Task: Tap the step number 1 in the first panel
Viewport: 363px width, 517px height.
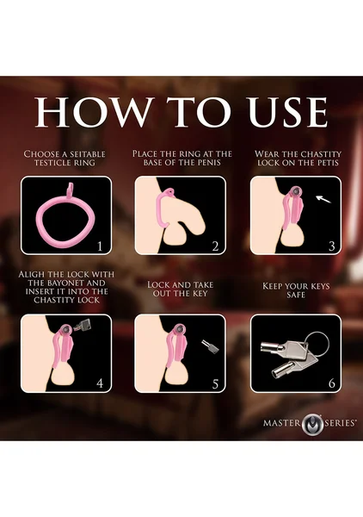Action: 100,246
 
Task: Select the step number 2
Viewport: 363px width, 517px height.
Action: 215,246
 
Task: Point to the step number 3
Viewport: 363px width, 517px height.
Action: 332,246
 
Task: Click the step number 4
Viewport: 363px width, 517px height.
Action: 100,383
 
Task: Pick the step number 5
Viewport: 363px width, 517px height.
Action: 215,384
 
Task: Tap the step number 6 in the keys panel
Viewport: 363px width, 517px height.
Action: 332,383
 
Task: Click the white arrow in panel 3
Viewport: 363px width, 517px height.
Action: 323,199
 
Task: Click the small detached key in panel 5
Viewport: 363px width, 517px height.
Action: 211,347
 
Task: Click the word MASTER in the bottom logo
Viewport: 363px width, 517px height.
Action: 281,423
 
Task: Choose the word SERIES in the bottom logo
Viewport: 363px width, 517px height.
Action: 340,423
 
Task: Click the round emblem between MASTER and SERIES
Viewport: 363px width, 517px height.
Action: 312,424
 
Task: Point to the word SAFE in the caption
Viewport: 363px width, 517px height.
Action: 296,295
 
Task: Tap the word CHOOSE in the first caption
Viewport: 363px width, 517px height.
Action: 41,154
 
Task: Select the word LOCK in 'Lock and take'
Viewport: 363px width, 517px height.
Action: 160,284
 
